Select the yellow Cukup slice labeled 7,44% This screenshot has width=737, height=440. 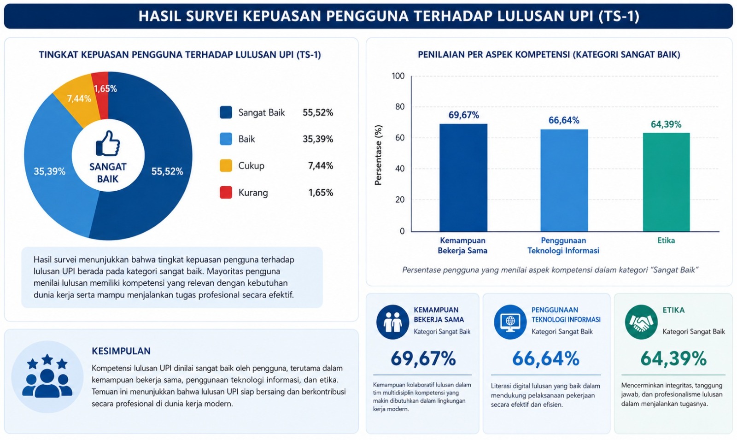pyautogui.click(x=79, y=99)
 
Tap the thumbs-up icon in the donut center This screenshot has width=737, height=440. pyautogui.click(x=108, y=143)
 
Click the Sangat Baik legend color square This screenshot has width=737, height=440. pyautogui.click(x=226, y=112)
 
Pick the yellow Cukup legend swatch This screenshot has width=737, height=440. pyautogui.click(x=226, y=165)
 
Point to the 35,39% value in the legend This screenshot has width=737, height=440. pyautogui.click(x=318, y=139)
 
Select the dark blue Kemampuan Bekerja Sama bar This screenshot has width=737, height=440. pyautogui.click(x=463, y=178)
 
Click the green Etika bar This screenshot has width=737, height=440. pyautogui.click(x=666, y=182)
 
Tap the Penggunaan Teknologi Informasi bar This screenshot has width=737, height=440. pyautogui.click(x=564, y=180)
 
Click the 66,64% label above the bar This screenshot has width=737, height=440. pyautogui.click(x=564, y=120)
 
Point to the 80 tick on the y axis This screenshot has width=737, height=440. pyautogui.click(x=400, y=106)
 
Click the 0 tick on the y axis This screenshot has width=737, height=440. pyautogui.click(x=402, y=231)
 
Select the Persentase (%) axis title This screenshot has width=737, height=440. pyautogui.click(x=378, y=155)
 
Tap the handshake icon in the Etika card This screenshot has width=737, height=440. pyautogui.click(x=641, y=322)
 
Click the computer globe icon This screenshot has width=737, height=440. pyautogui.click(x=510, y=322)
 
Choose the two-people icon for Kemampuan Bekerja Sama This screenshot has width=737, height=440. pyautogui.click(x=392, y=322)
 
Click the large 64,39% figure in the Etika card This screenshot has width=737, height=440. pyautogui.click(x=673, y=358)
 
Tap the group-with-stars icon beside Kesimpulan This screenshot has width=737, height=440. pyautogui.click(x=47, y=377)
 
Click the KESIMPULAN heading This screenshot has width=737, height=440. pyautogui.click(x=121, y=351)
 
